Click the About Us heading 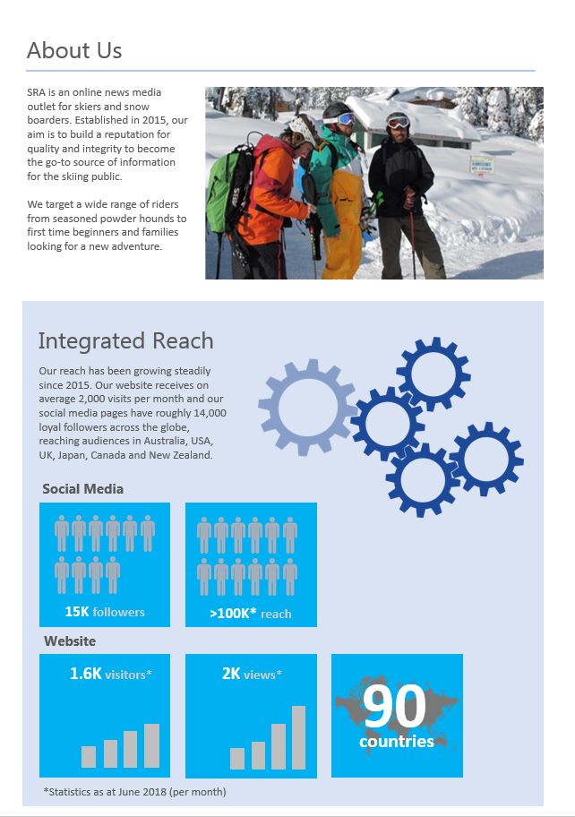click(x=74, y=51)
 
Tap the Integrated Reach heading click(x=125, y=341)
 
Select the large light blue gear click(x=307, y=408)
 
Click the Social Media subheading click(x=82, y=489)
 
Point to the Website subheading click(x=70, y=641)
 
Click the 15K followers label click(x=105, y=613)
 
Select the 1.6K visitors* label click(x=111, y=674)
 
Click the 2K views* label click(x=252, y=674)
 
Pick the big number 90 click(x=395, y=707)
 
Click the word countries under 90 click(x=397, y=742)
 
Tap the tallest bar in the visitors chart click(x=152, y=745)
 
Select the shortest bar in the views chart click(x=237, y=759)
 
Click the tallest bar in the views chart click(x=298, y=737)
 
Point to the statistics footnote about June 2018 click(x=134, y=792)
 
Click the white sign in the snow click(x=483, y=165)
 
